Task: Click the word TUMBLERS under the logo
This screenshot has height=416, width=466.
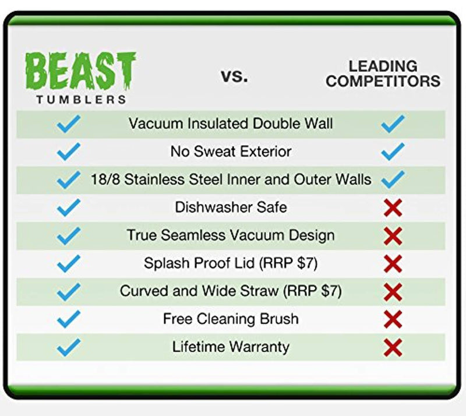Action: (x=81, y=99)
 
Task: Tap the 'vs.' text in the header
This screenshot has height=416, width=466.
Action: (x=234, y=75)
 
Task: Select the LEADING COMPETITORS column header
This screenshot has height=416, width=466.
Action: (x=383, y=74)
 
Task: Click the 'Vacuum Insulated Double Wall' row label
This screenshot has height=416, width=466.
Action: (x=231, y=124)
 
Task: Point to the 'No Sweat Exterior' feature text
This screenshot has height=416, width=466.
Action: (x=231, y=151)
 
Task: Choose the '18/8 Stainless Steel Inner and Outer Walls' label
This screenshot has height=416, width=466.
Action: (x=231, y=179)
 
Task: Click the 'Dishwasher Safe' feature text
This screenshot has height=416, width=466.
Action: (x=231, y=207)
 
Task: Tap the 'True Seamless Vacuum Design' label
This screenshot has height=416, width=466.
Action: (x=231, y=235)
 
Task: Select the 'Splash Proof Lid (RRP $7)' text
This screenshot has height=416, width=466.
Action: (x=231, y=263)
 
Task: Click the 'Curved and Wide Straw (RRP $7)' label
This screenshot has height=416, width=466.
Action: (x=231, y=291)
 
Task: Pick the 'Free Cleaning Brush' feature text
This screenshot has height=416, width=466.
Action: (x=231, y=319)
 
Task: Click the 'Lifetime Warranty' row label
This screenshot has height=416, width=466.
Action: (x=231, y=347)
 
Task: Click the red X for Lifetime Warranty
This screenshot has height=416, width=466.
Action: (x=393, y=348)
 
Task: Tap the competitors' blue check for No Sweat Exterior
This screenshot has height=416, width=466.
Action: (x=393, y=151)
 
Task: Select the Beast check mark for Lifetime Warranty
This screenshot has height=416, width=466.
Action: (x=69, y=347)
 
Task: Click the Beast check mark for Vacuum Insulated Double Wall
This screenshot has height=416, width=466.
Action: (x=69, y=124)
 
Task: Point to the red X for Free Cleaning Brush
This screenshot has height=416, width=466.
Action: (x=393, y=319)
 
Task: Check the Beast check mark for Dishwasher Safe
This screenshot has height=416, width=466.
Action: (x=69, y=207)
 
